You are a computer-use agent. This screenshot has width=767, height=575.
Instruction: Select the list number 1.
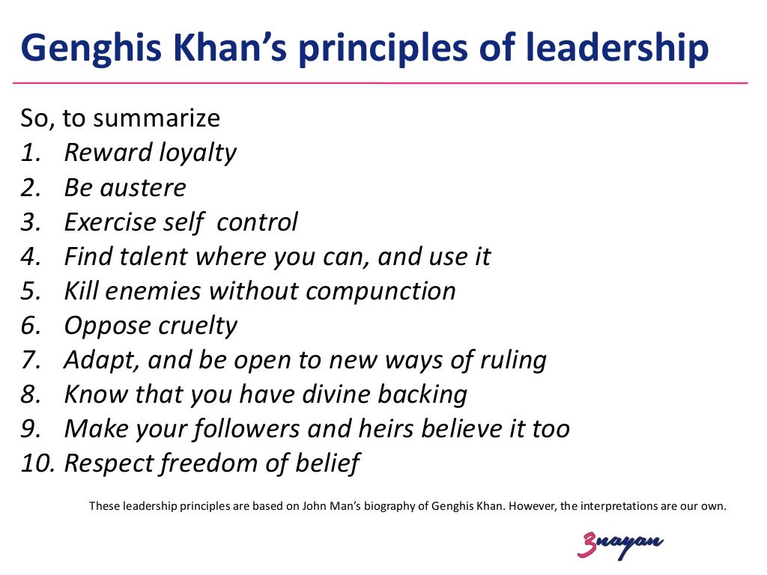pyautogui.click(x=29, y=153)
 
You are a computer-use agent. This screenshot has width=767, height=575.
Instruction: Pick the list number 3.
pyautogui.click(x=30, y=222)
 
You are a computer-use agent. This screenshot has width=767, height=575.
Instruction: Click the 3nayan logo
pyautogui.click(x=620, y=545)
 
